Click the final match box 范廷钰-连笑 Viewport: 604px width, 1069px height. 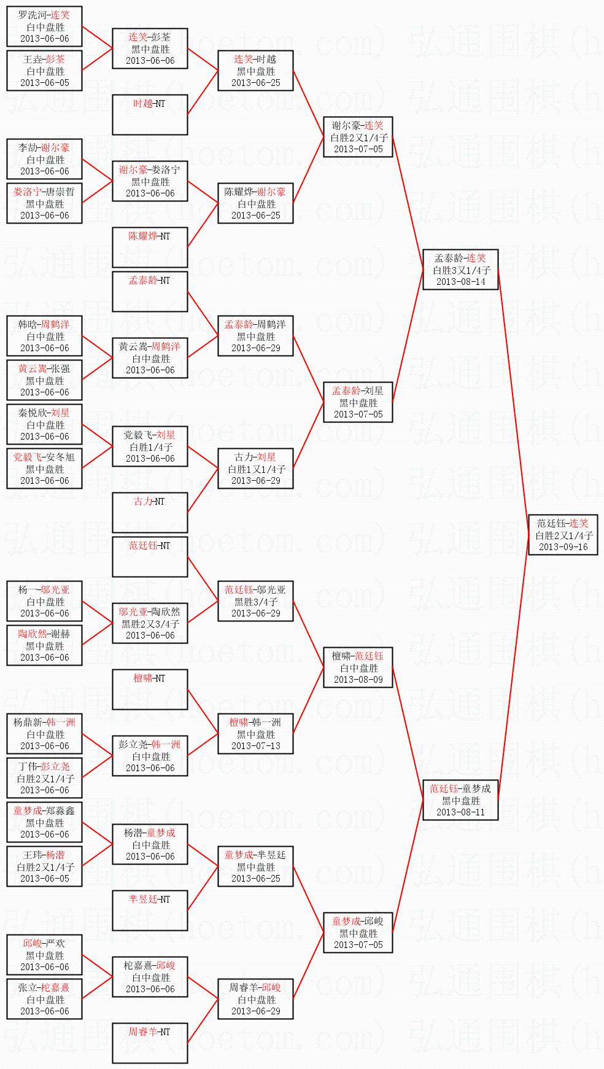pyautogui.click(x=563, y=535)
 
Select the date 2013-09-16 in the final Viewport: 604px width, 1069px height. pyautogui.click(x=563, y=546)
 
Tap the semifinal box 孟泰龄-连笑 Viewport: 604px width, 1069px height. pyautogui.click(x=460, y=270)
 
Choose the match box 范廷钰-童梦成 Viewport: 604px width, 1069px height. pyautogui.click(x=460, y=800)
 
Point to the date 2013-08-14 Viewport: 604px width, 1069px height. pyautogui.click(x=460, y=281)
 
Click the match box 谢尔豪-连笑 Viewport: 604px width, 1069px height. pyautogui.click(x=358, y=137)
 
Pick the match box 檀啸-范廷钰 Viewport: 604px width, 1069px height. pyautogui.click(x=358, y=667)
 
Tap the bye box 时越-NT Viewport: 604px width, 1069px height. pyautogui.click(x=150, y=115)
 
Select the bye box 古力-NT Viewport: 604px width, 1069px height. pyautogui.click(x=150, y=513)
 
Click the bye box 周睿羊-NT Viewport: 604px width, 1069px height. pyautogui.click(x=150, y=1043)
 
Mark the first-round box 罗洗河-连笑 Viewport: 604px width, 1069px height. pyautogui.click(x=44, y=26)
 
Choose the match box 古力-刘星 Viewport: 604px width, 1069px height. pyautogui.click(x=255, y=468)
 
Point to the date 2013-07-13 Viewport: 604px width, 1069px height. pyautogui.click(x=255, y=745)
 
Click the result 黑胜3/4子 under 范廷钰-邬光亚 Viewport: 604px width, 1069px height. pyautogui.click(x=255, y=602)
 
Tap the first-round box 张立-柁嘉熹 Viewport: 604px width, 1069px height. pyautogui.click(x=44, y=999)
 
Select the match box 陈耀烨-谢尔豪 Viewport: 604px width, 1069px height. pyautogui.click(x=255, y=203)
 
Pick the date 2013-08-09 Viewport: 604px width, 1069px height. pyautogui.click(x=358, y=679)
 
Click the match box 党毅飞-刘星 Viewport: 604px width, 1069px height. pyautogui.click(x=150, y=446)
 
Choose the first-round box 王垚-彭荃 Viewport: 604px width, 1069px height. pyautogui.click(x=44, y=71)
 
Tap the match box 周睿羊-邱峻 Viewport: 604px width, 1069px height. pyautogui.click(x=255, y=999)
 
